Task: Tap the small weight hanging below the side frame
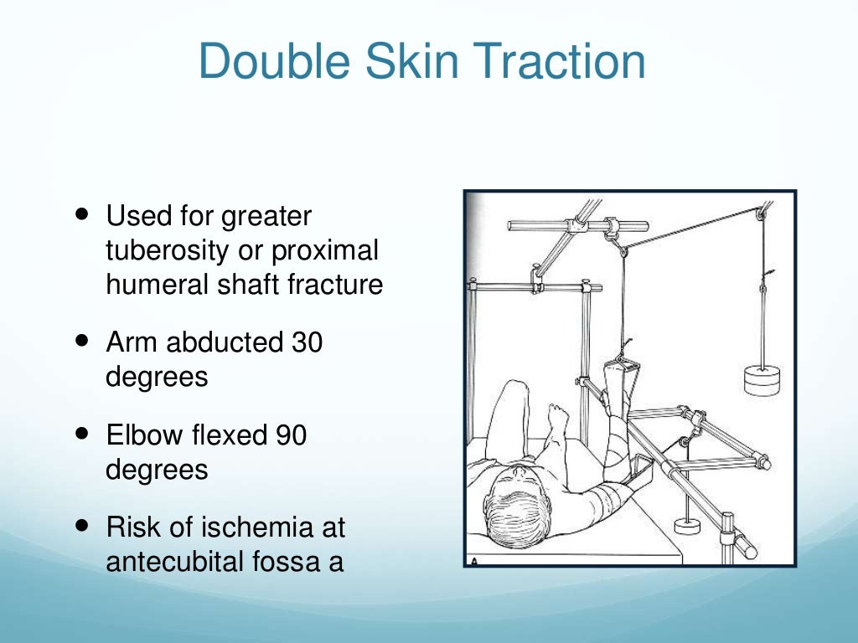pos(687,525)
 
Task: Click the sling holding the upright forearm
pos(621,372)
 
